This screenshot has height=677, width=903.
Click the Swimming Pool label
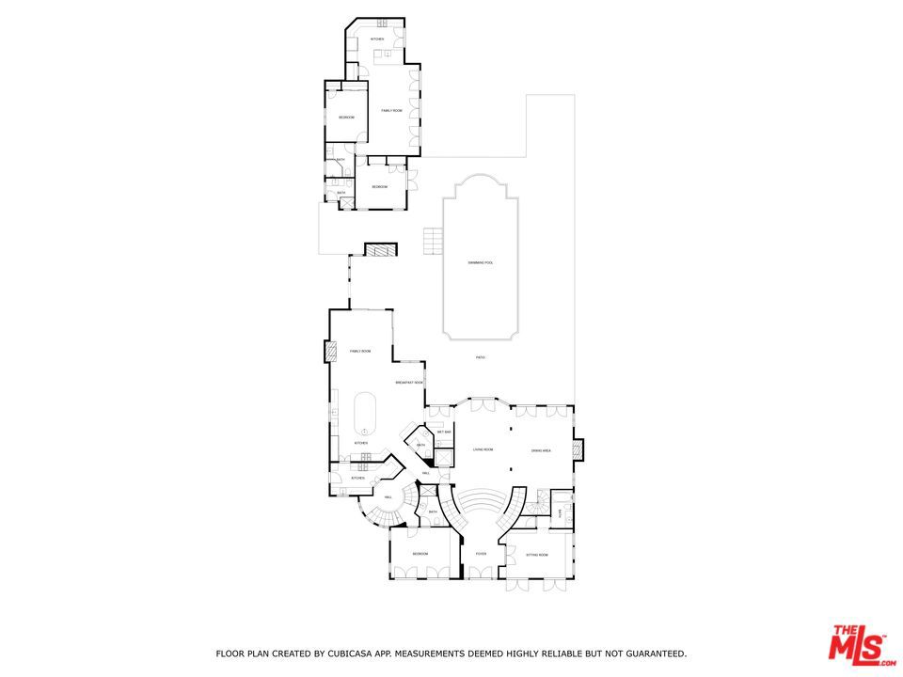(x=481, y=262)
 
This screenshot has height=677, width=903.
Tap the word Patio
(x=480, y=357)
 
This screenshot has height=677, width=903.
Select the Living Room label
(x=483, y=450)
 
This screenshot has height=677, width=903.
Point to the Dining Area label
(x=540, y=450)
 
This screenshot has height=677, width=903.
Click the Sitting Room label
(x=537, y=556)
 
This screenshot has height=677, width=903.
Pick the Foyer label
(x=481, y=555)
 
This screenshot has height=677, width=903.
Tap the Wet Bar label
(x=444, y=432)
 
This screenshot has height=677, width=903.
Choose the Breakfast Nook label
(x=409, y=383)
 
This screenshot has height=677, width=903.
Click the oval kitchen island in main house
(x=364, y=415)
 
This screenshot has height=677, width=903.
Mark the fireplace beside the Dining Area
(x=578, y=449)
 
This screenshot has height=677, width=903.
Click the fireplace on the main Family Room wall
(x=330, y=352)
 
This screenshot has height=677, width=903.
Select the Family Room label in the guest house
(x=391, y=111)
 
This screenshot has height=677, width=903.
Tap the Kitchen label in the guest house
(x=376, y=39)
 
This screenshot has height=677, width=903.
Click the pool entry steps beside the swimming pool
(x=433, y=241)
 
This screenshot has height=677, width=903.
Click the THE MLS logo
(x=857, y=645)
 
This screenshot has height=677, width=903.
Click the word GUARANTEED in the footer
(x=653, y=653)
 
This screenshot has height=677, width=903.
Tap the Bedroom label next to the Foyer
(x=420, y=554)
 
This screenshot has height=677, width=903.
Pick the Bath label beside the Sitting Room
(x=561, y=513)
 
